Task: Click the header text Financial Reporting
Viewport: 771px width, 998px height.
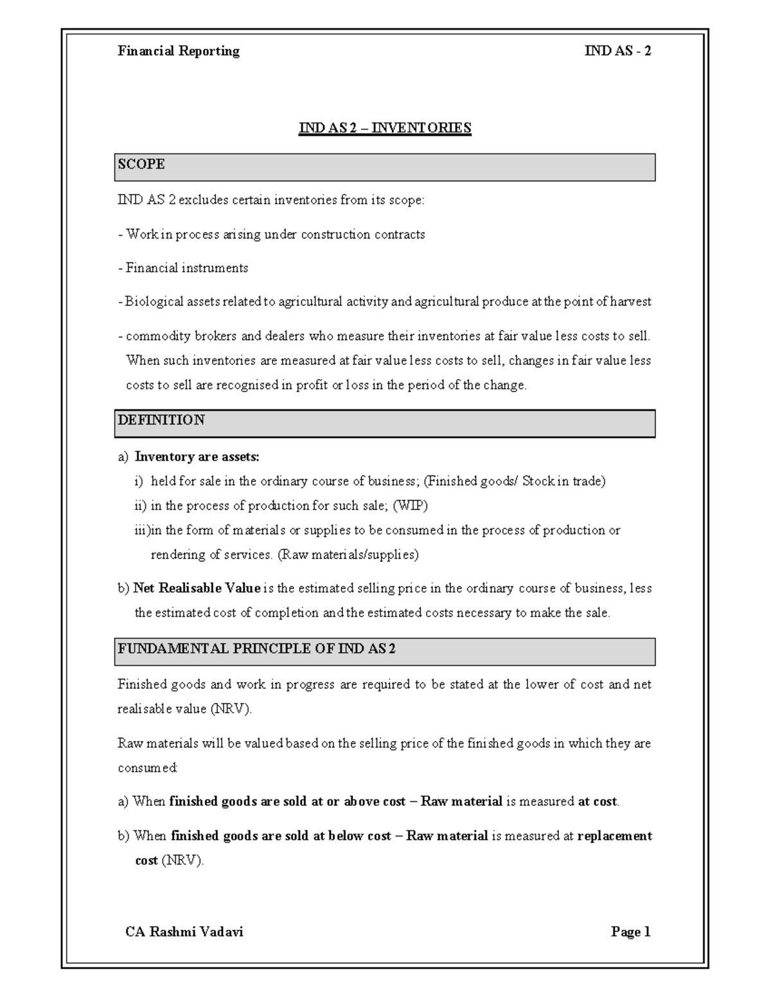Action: tap(178, 51)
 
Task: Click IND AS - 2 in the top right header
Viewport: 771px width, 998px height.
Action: tap(617, 51)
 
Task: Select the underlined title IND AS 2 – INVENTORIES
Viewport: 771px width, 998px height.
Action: tap(385, 128)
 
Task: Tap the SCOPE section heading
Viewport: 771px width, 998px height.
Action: tap(141, 165)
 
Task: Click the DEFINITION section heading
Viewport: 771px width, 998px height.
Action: tap(161, 420)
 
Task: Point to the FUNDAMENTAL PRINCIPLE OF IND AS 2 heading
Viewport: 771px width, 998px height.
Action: tap(256, 648)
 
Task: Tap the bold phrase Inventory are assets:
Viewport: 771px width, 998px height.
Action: tap(197, 457)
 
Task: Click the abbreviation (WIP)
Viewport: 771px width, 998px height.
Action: tap(410, 506)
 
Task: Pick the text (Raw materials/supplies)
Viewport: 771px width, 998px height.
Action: tap(348, 555)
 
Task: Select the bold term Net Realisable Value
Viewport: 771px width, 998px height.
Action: tap(197, 588)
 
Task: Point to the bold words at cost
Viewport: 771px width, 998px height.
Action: tap(598, 802)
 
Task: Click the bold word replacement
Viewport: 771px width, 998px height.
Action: tap(615, 836)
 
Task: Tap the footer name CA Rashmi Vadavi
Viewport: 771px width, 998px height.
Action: tap(184, 932)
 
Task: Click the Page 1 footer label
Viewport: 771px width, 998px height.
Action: tap(631, 932)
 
